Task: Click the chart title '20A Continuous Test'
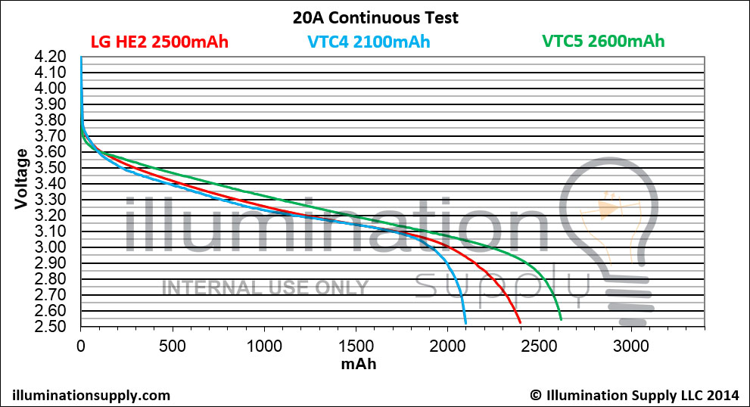point(375,17)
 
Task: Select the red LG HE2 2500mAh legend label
point(159,42)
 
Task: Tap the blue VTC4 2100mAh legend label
point(369,42)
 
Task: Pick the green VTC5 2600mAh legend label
point(603,41)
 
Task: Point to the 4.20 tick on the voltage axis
point(50,57)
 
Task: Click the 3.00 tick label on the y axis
point(50,247)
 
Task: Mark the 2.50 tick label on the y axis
point(50,327)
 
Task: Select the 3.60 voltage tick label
point(50,152)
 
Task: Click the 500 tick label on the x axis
point(173,346)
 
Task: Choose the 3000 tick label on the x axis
point(631,346)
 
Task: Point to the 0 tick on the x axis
point(81,346)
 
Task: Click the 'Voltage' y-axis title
point(21,179)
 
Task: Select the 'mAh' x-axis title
point(359,364)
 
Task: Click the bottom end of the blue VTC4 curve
point(465,323)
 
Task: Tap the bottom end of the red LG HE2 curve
point(520,322)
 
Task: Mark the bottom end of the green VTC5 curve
point(561,319)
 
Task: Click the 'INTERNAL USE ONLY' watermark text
point(265,288)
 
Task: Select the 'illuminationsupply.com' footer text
point(92,396)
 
